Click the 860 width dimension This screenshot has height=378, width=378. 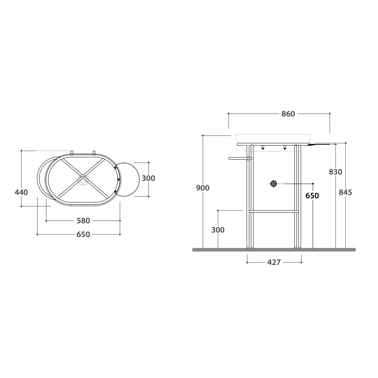(x=288, y=114)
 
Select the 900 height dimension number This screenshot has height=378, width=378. (x=203, y=188)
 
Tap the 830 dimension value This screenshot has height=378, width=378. (x=335, y=172)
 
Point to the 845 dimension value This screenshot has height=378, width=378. (x=345, y=192)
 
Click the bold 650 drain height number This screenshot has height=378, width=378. (x=312, y=196)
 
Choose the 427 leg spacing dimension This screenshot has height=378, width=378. (x=274, y=262)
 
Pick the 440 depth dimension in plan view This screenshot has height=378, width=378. (x=21, y=192)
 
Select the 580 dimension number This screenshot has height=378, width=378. (x=83, y=221)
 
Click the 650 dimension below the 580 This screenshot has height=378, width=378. (x=83, y=234)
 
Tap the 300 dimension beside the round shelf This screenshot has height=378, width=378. (x=148, y=178)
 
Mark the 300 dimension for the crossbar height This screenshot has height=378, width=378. (x=218, y=230)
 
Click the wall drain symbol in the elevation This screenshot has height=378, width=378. (x=273, y=183)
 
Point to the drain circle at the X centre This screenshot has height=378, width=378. (x=83, y=180)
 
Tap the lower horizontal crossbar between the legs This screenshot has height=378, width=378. (x=273, y=211)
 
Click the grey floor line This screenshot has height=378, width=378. (x=273, y=250)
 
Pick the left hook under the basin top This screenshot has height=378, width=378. (x=263, y=148)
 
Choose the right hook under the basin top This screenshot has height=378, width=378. (x=285, y=148)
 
